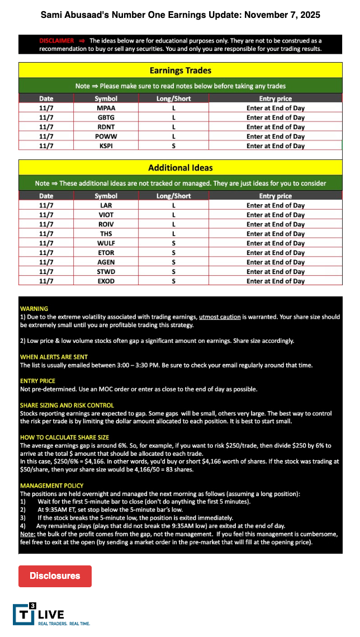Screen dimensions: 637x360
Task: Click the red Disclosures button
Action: tap(55, 575)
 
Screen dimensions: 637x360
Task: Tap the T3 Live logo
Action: tap(51, 614)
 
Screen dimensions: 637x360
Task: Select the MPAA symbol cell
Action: tap(106, 108)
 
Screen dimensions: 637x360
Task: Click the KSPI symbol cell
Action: tap(106, 146)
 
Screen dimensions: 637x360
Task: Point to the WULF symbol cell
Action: tap(106, 243)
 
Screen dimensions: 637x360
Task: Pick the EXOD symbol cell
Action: tap(106, 281)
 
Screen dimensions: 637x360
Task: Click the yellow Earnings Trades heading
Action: tap(180, 70)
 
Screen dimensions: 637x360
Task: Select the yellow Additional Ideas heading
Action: tap(180, 167)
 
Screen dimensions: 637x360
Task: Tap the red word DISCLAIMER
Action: tap(56, 41)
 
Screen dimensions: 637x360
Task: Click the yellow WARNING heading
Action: tap(34, 309)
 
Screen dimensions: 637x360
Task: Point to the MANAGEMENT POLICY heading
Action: tap(51, 486)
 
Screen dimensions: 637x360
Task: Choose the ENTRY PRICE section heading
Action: tap(38, 381)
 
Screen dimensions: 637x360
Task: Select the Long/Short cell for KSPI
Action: tap(173, 146)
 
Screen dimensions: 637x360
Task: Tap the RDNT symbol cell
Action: tap(106, 127)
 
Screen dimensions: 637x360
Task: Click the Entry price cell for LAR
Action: tap(275, 205)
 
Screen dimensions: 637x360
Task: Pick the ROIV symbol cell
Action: tap(106, 224)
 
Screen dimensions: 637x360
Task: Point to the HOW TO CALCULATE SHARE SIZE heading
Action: tap(64, 437)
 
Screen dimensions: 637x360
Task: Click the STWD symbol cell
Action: tap(106, 272)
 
